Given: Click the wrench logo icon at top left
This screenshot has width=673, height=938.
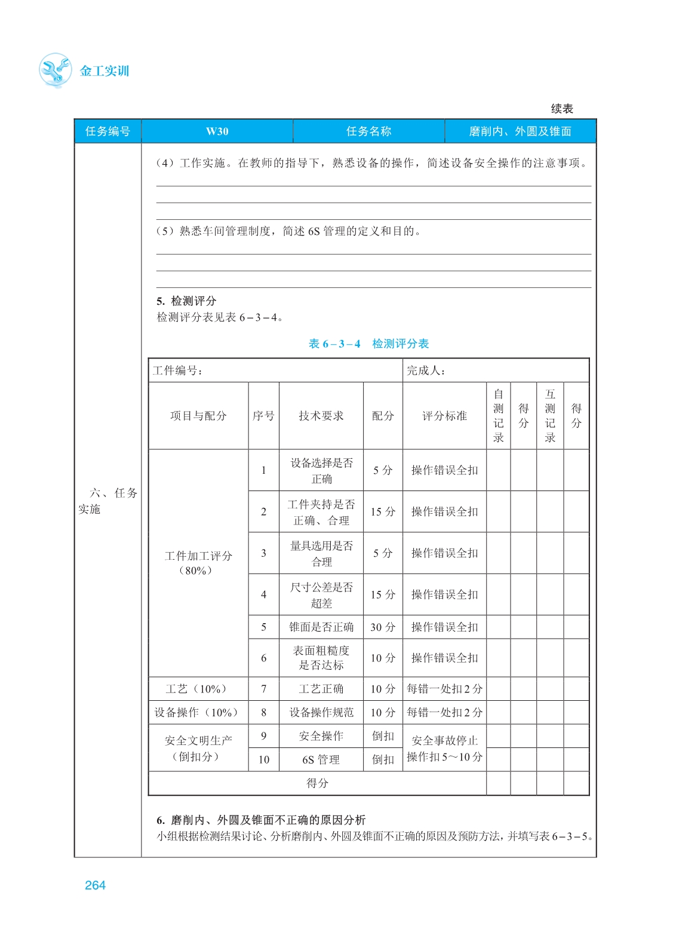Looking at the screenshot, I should coord(55,70).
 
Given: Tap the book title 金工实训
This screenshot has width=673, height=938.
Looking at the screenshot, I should coord(105,71).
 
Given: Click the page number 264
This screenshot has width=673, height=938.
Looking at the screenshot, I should coord(95,885).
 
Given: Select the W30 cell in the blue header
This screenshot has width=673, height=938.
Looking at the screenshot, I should coord(217,131).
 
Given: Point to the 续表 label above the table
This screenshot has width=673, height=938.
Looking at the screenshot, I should coord(561,109).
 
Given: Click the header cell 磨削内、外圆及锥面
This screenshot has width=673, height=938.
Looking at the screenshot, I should coord(520,131).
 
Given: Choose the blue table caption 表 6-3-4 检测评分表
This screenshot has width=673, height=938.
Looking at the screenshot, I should coord(368,344).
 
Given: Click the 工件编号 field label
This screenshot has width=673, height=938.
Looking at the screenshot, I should coord(178,370).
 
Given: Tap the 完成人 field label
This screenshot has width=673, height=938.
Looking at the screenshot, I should coord(426,370).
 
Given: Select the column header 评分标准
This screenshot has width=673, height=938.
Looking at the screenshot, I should coord(444,416).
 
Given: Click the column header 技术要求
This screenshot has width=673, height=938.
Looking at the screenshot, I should coord(321,416).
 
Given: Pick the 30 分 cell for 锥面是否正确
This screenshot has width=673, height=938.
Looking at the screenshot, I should coord(383,627).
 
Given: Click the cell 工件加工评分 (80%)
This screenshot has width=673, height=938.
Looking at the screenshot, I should coord(198,563).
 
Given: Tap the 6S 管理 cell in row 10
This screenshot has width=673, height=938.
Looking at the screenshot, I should coord(321,759).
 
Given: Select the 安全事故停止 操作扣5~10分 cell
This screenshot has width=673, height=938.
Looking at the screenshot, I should coord(444,748).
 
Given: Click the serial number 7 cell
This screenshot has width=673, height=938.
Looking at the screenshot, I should coord(263,689).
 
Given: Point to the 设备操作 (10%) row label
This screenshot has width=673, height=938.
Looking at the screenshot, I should coord(197,712).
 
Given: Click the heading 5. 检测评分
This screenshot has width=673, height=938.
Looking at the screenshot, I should coord(186,301).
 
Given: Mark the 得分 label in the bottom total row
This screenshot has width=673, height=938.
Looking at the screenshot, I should coord(317,783).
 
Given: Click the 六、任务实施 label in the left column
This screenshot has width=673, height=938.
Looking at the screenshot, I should coord(107,501).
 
